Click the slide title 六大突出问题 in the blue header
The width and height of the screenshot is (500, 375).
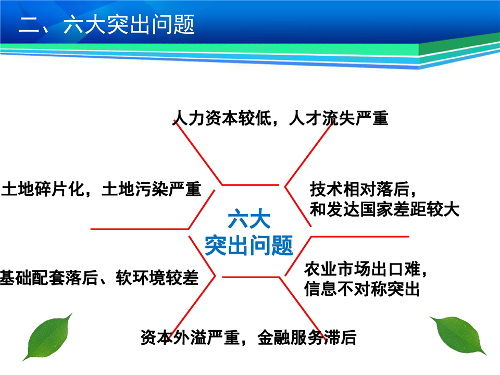(129, 24)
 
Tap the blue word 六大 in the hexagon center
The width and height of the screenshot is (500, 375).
(249, 219)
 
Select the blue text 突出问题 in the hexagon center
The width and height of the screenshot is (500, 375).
(249, 245)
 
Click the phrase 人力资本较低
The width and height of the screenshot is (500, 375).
(222, 118)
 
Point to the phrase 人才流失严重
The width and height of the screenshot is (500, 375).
(339, 118)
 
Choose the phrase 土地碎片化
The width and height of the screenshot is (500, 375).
(42, 189)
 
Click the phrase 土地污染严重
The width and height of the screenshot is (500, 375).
(152, 189)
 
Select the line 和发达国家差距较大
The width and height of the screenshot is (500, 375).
(384, 209)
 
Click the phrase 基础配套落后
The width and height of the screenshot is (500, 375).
(49, 278)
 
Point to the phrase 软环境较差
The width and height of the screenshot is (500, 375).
(157, 278)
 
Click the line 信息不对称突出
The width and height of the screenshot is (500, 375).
(362, 289)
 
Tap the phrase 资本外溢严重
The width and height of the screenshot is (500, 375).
(190, 337)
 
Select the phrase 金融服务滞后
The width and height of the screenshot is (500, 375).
(307, 337)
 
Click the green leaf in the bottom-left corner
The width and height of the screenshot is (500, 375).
(48, 337)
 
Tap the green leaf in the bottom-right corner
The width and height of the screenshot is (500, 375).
(458, 335)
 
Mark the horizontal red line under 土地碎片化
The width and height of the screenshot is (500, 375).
(140, 229)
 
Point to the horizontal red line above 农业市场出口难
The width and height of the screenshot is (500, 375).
(360, 236)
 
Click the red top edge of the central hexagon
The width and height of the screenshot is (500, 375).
(251, 184)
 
